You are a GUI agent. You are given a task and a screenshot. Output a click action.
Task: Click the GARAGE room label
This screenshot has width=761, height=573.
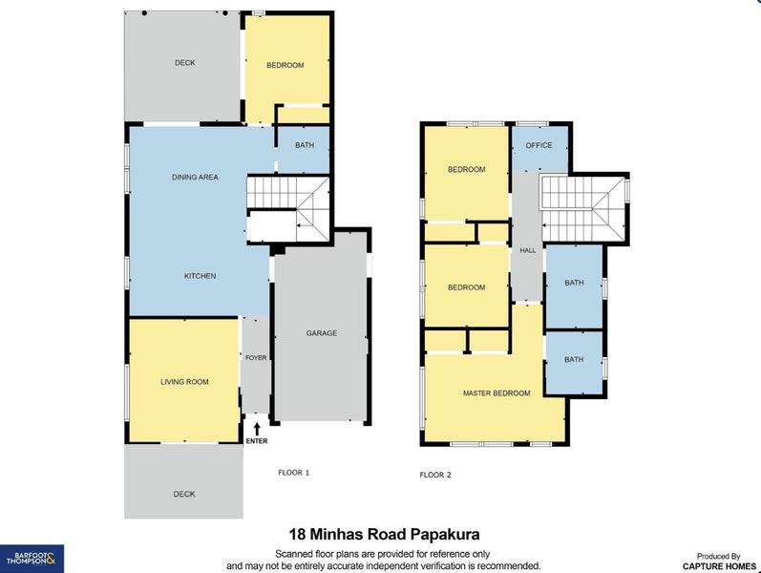322,333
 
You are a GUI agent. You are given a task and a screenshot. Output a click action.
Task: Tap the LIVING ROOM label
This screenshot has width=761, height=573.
184,382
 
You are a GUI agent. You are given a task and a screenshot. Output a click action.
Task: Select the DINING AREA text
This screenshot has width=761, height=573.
196,177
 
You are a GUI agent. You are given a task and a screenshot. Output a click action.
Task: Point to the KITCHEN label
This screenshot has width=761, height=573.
201,276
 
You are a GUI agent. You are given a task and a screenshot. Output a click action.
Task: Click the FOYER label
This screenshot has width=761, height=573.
256,358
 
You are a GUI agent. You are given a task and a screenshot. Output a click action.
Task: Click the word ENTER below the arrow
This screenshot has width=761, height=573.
257,441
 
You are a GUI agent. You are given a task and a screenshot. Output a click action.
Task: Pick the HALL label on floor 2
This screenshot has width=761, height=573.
528,250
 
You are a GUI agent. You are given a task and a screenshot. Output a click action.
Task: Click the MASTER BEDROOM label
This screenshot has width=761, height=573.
497,393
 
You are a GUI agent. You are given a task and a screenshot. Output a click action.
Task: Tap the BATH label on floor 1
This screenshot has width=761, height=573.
305,146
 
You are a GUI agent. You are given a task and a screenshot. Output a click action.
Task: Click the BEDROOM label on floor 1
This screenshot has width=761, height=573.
285,65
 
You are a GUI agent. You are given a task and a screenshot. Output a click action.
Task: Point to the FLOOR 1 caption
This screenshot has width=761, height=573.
293,472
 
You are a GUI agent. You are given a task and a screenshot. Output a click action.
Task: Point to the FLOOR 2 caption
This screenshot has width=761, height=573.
435,475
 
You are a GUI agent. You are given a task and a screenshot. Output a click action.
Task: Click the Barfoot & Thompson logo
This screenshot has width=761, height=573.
32,558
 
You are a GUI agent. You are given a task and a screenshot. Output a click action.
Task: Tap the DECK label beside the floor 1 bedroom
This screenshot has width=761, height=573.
184,63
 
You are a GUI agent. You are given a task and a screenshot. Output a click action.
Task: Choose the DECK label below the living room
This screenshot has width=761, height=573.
184,494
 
